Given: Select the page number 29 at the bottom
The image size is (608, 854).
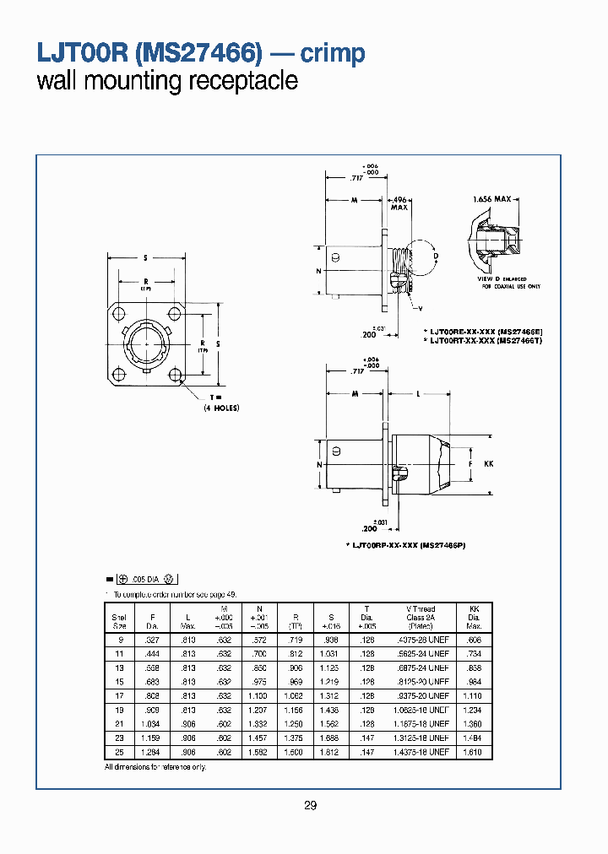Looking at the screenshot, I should coord(310,806).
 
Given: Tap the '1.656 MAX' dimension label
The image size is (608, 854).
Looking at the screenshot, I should coord(492,199).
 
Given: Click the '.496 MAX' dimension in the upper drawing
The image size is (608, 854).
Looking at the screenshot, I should coord(399,203).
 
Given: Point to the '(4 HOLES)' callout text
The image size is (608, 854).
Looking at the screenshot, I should coord(221,408).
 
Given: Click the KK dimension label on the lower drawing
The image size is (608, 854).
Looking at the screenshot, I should coord(488,464).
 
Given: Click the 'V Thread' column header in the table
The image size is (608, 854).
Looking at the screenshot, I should coord(421,608).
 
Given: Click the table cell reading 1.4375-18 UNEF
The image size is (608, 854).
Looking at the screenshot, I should coord(421,752).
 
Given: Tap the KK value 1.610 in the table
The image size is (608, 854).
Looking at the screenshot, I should coord(473,752).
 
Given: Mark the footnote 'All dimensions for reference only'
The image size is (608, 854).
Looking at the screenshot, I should coord(155,766).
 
